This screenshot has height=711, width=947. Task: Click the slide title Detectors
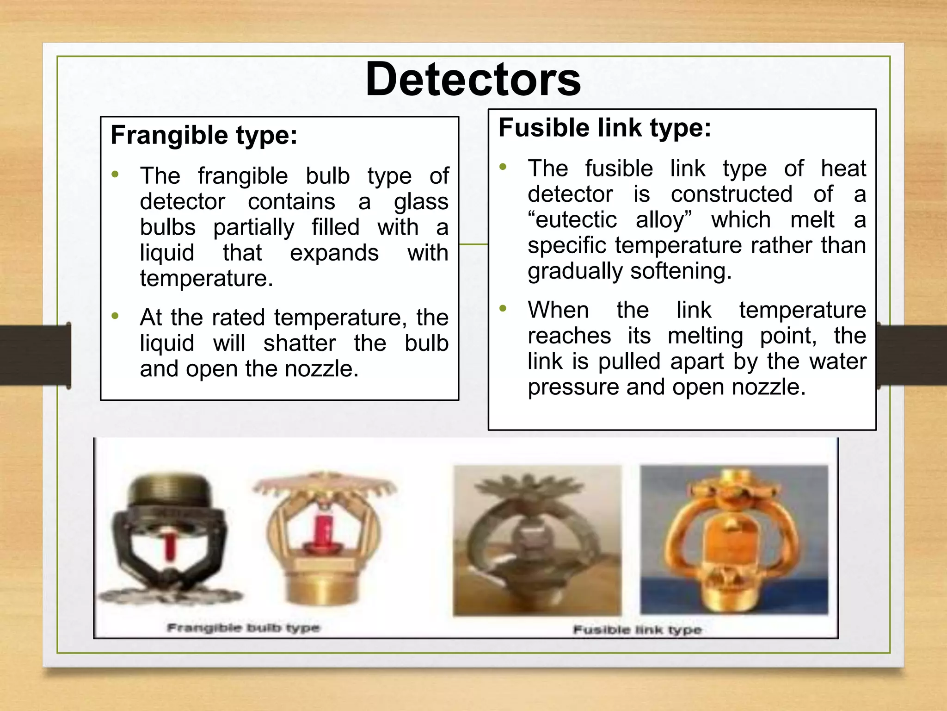click(473, 80)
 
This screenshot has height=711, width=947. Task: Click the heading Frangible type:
click(204, 135)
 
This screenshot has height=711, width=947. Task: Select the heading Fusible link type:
click(604, 128)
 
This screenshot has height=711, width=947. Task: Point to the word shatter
click(299, 343)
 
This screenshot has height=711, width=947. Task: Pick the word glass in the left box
click(421, 202)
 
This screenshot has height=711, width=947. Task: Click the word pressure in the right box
click(573, 387)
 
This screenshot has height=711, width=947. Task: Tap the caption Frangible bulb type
click(243, 628)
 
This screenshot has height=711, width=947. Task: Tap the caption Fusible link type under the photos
click(637, 630)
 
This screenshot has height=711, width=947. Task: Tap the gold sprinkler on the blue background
click(734, 539)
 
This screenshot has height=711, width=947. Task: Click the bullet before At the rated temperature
click(115, 316)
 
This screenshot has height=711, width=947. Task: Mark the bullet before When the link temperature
click(503, 308)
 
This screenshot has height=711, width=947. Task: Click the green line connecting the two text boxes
click(473, 244)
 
